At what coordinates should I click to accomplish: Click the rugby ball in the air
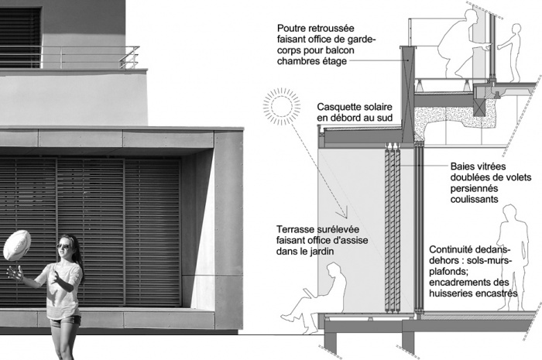tap(16, 244)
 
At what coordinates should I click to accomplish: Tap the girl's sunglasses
tap(63, 246)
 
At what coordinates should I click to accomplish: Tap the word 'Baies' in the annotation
tap(464, 166)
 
